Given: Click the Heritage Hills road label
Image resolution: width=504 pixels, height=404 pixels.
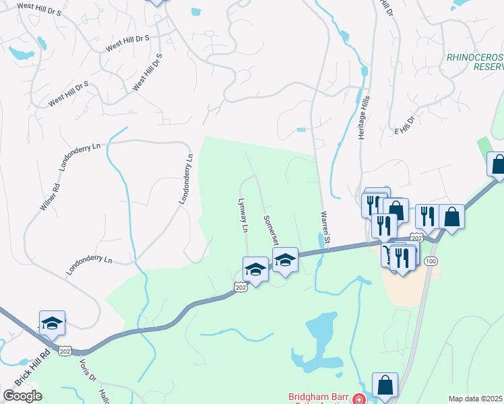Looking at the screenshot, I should pos(365,117).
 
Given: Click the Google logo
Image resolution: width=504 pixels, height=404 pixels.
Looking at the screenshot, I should pos(22,396).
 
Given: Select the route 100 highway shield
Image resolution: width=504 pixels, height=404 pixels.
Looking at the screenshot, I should pos(432,260).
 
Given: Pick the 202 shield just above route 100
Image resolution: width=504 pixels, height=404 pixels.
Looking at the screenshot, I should pos(416,238).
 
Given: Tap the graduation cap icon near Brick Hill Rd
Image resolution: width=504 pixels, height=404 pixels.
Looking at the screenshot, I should pos(52,324).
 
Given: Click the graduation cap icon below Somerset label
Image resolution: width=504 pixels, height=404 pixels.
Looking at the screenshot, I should pos(285,260).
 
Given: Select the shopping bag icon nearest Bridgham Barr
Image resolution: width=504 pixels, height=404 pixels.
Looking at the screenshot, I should pos(385,386).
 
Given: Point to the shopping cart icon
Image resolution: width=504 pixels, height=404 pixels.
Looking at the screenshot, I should pos(389,255).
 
